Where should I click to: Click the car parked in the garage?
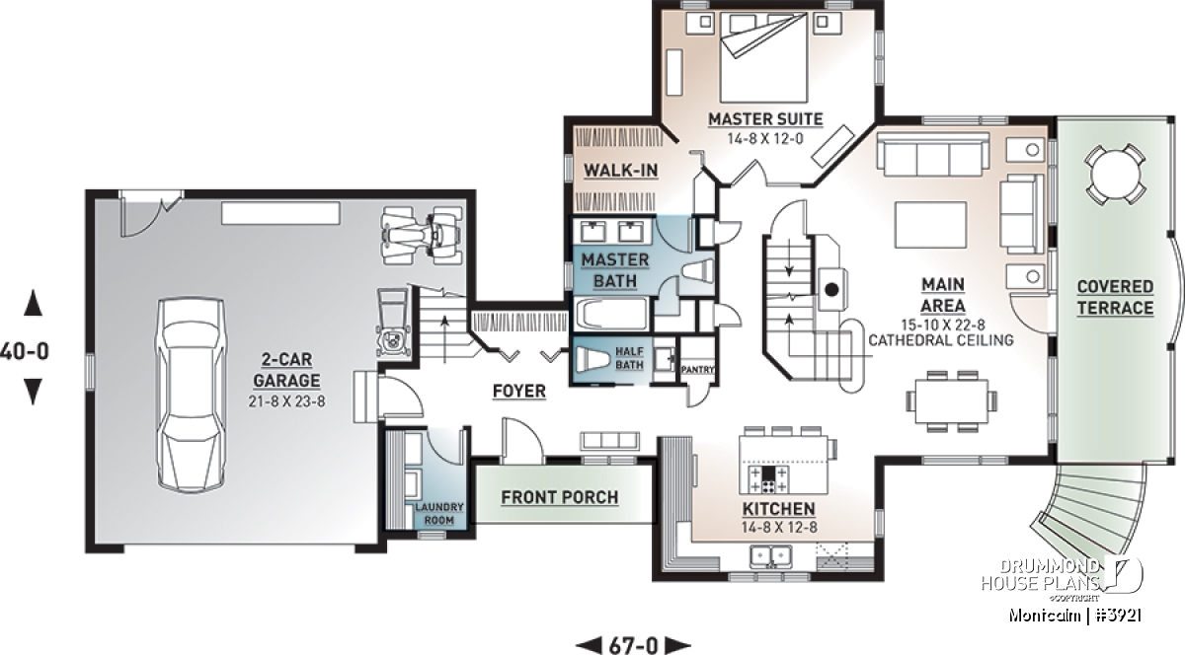(x=192, y=395)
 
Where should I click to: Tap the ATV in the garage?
(x=423, y=235)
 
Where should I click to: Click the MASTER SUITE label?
(x=765, y=119)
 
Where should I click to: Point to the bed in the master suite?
(x=764, y=57)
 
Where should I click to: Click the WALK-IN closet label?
(x=620, y=171)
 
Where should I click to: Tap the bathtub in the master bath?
(x=611, y=314)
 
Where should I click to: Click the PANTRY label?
(x=698, y=370)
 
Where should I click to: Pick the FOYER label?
(x=519, y=392)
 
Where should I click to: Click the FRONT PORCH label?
(x=560, y=497)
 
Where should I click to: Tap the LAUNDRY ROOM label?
(x=439, y=513)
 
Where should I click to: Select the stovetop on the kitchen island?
(x=768, y=478)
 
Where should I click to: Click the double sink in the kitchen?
(x=771, y=556)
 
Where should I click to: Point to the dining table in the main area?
(x=951, y=400)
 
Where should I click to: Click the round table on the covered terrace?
(x=1115, y=175)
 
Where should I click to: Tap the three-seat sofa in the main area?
(x=932, y=153)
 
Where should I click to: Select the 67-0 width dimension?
(x=633, y=645)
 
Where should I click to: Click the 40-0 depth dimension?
(x=25, y=351)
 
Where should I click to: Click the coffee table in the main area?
(x=930, y=225)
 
